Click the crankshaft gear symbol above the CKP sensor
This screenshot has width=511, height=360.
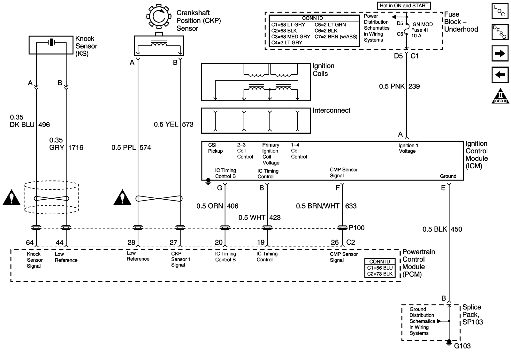point(159,16)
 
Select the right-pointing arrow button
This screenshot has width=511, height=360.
point(500,53)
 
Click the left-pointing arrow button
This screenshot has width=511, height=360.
point(500,75)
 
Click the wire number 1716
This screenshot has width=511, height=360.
point(76,148)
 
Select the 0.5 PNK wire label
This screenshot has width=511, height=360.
point(392,86)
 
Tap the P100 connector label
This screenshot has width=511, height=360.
point(356,228)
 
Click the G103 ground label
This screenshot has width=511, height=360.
point(462,346)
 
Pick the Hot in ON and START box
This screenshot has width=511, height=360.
point(404,5)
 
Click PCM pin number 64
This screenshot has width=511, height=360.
point(30,242)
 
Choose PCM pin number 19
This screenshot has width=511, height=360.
point(261,242)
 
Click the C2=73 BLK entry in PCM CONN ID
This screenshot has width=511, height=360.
point(380,274)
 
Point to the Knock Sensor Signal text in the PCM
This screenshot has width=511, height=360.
point(34,260)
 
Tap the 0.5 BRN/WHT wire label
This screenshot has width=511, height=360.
point(318,206)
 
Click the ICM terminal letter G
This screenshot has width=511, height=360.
point(220,188)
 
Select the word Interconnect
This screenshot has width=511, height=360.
point(331,111)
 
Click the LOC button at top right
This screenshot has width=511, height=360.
point(500,11)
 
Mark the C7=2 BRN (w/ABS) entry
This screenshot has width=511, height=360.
point(336,36)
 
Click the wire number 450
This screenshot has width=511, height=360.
point(456,229)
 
